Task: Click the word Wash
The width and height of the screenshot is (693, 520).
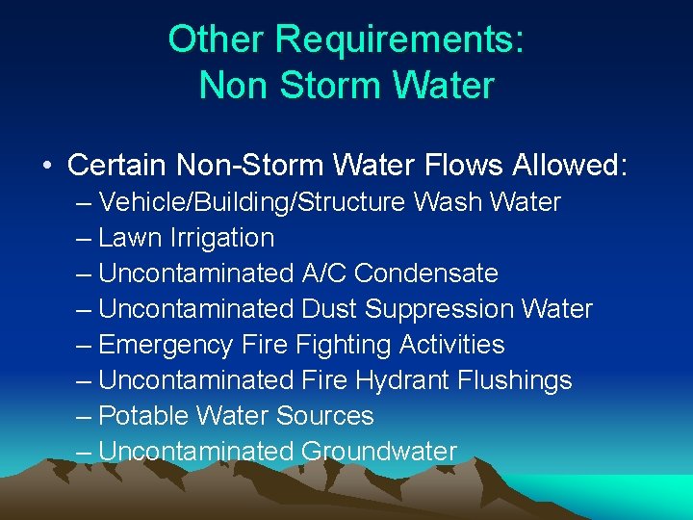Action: pos(448,202)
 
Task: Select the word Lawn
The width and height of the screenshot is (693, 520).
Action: pos(130,238)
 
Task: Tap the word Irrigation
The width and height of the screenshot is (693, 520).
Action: pos(221,238)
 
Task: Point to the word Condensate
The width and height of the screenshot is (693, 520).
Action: pos(426,273)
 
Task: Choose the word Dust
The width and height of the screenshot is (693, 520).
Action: pos(328,309)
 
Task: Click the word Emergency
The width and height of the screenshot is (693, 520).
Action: pos(166,345)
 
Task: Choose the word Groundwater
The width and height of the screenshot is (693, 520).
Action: pos(379,452)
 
